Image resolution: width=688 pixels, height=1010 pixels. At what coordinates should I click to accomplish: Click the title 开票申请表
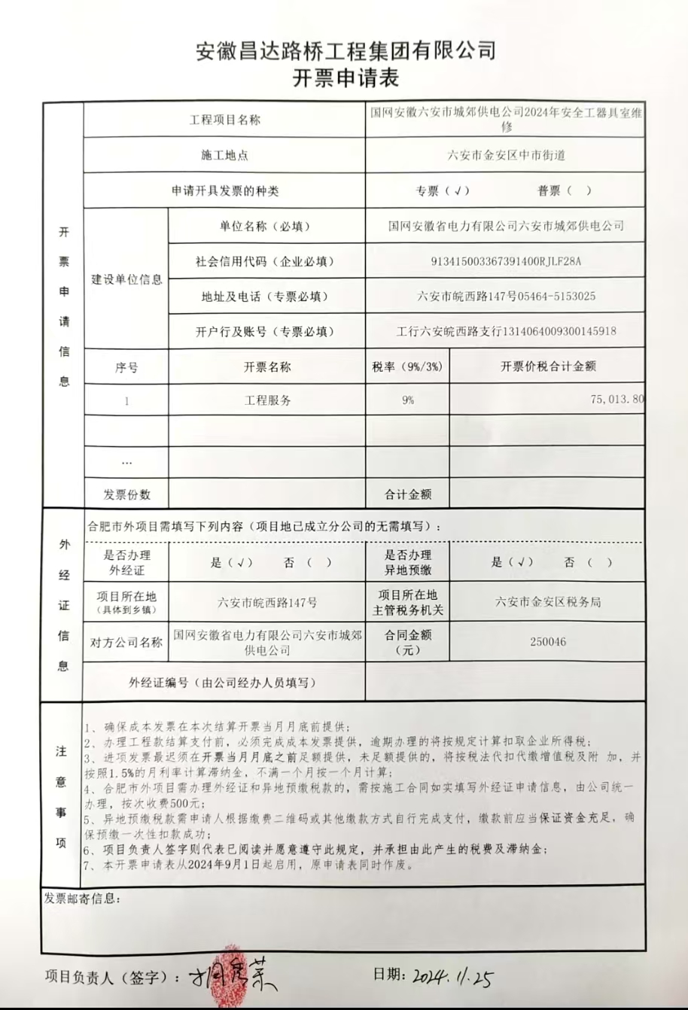click(346, 78)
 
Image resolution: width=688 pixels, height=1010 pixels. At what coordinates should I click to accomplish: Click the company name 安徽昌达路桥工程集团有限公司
click(346, 51)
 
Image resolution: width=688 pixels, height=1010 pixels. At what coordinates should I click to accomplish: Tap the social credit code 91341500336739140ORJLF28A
click(506, 261)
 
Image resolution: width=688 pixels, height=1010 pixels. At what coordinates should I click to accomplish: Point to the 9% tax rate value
click(407, 400)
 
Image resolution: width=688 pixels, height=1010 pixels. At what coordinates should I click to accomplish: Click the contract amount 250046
click(547, 642)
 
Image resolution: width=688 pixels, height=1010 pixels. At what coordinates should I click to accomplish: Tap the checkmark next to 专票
click(458, 191)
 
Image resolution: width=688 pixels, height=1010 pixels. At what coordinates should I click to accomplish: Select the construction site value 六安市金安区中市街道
click(506, 155)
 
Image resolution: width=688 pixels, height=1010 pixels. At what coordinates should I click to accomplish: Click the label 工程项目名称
click(224, 120)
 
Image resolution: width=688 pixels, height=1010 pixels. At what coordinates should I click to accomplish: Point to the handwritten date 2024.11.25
click(452, 977)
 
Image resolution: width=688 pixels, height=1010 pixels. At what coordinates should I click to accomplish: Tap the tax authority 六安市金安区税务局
click(547, 602)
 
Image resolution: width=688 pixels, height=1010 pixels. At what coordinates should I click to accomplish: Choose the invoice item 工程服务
click(267, 400)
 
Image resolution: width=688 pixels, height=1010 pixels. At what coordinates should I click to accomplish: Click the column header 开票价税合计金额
click(547, 367)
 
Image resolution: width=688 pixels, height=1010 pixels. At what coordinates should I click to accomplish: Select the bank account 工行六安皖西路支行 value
click(506, 331)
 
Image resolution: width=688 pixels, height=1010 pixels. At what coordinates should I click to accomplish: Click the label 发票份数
click(126, 494)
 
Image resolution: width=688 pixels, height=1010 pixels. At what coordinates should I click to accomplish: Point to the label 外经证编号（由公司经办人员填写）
click(222, 683)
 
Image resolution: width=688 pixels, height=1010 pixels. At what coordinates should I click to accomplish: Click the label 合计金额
click(407, 494)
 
